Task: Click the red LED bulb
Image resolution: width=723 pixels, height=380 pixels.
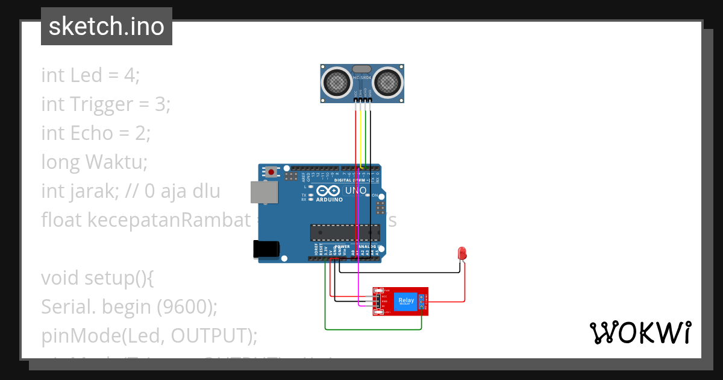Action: coord(462,253)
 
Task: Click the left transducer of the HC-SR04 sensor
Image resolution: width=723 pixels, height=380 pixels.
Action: coord(336,81)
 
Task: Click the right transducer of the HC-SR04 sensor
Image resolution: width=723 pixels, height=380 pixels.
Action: coord(387,81)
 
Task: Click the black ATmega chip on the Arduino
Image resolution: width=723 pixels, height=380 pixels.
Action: coord(345,232)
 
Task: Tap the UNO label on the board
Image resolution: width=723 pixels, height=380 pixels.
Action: coord(355,191)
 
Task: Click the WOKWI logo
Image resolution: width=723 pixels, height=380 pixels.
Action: coord(640,332)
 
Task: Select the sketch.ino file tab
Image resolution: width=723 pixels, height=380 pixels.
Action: coord(106,27)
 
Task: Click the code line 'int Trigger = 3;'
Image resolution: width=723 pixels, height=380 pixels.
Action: coord(106,104)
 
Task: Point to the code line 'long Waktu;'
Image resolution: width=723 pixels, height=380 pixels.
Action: coord(94,162)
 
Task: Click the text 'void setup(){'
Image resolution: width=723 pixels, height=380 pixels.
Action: coord(98,278)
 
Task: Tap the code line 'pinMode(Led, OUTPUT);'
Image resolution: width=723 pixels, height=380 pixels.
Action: coord(149,335)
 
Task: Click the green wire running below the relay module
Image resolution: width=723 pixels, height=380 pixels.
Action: coord(374,329)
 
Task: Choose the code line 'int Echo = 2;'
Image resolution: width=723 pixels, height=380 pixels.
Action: coord(96,133)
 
